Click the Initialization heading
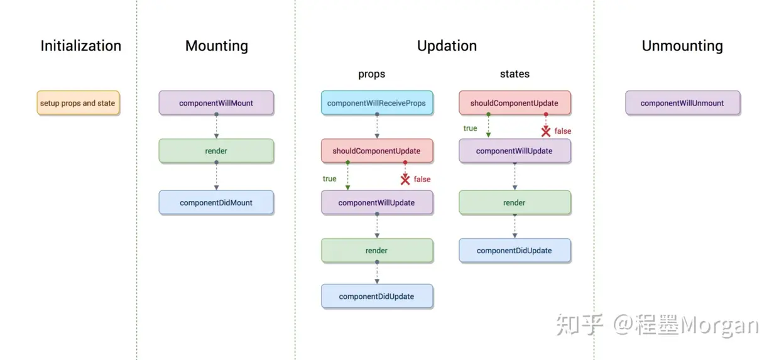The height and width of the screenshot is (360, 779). click(80, 46)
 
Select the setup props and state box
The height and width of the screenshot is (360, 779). click(78, 103)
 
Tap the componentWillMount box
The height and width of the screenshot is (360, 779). click(216, 103)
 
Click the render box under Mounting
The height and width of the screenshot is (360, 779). click(216, 151)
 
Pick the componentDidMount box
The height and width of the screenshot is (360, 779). click(216, 202)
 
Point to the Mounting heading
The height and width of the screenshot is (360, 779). click(216, 46)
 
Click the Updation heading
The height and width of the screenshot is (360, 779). click(447, 46)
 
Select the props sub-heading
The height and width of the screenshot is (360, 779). click(371, 74)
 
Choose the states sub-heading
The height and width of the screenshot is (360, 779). click(515, 74)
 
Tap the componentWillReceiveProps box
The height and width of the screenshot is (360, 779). click(376, 103)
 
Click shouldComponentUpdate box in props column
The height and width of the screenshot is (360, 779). click(376, 151)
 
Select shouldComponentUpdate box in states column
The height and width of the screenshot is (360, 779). click(515, 103)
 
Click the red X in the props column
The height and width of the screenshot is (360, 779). click(405, 180)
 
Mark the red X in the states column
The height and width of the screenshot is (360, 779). click(546, 131)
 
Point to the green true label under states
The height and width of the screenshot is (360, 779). click(470, 128)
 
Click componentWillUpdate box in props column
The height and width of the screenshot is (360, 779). click(376, 202)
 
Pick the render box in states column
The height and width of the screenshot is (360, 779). click(515, 202)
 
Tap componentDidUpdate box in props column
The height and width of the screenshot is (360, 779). click(376, 296)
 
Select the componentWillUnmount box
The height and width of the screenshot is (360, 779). click(682, 103)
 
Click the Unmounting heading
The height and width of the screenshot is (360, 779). click(682, 46)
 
